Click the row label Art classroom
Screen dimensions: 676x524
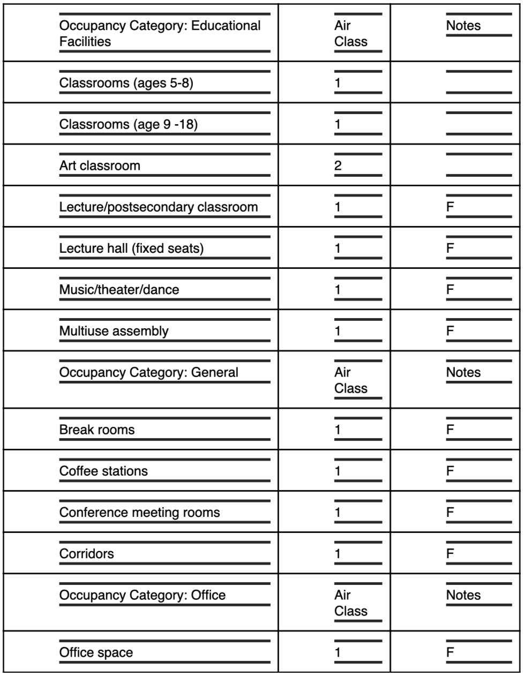pos(100,166)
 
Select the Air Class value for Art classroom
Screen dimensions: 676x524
pos(338,166)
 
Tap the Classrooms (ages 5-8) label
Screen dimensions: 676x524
pos(126,83)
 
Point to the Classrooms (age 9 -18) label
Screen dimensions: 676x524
pos(129,124)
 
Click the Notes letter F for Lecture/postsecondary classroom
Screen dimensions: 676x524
pos(450,207)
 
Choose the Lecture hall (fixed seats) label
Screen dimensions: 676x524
pos(131,248)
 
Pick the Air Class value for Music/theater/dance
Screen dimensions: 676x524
pos(338,290)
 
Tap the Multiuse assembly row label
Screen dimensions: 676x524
pos(114,331)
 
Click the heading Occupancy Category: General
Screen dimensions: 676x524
pos(149,372)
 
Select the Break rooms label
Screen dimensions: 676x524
pos(97,430)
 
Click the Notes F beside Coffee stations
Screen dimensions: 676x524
pos(450,471)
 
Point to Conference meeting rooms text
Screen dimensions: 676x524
pos(139,512)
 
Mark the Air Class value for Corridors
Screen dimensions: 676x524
pos(338,554)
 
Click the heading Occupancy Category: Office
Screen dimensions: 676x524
pos(143,595)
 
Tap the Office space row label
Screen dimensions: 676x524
pos(96,652)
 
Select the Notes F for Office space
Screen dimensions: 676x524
pos(450,652)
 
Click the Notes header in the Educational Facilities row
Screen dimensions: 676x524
pos(463,26)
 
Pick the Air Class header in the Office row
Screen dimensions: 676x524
pos(351,603)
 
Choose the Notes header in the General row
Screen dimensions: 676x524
pos(463,372)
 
